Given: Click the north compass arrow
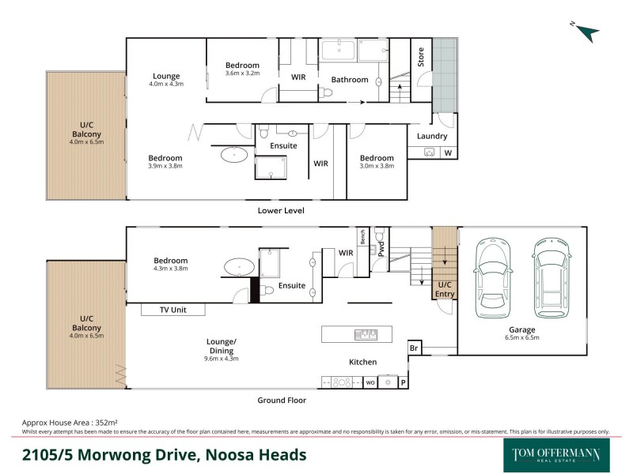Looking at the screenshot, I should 586,32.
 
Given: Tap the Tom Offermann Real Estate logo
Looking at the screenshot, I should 556,455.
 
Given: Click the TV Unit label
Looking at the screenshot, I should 172,310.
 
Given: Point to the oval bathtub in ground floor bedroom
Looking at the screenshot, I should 237,267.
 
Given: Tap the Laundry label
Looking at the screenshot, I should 432,136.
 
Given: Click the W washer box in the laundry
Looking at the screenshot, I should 448,152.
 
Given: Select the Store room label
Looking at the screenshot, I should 421,56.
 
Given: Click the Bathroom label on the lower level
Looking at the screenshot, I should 350,80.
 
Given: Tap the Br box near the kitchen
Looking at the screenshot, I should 414,348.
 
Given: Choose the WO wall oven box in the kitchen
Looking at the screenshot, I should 370,382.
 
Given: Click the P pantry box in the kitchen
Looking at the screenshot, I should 403,382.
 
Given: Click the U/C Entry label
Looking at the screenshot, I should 444,289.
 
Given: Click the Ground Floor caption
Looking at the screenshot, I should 281,401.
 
